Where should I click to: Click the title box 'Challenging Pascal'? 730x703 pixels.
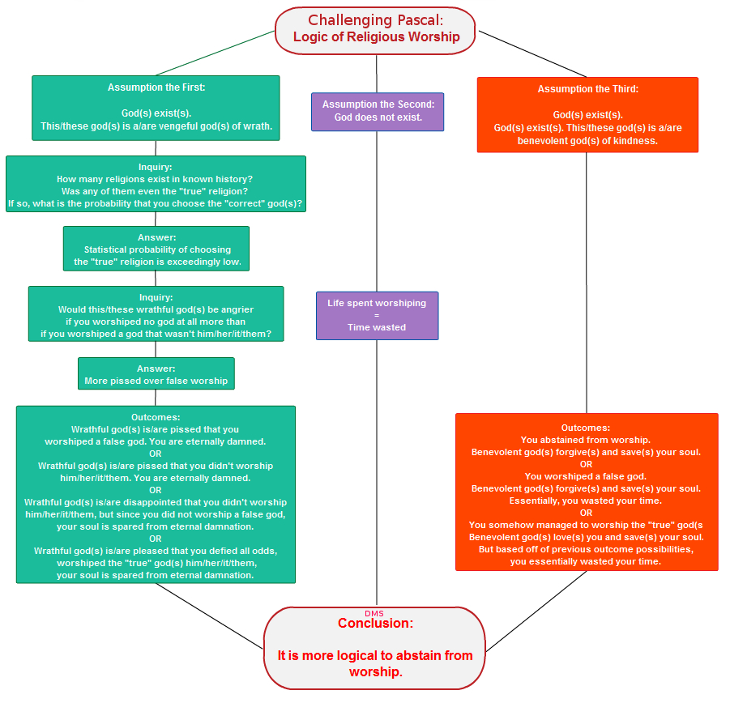tap(375, 31)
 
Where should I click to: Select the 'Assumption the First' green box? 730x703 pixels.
tap(156, 108)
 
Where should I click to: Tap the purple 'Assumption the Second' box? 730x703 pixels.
tap(378, 112)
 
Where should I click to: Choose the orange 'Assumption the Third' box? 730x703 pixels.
tap(587, 115)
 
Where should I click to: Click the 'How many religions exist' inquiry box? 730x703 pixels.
tap(156, 184)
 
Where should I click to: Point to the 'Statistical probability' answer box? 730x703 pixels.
tap(156, 249)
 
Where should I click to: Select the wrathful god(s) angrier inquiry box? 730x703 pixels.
tap(156, 314)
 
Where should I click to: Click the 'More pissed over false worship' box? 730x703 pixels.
tap(156, 373)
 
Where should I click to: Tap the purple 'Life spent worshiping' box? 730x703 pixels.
tap(377, 316)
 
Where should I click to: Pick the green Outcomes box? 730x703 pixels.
tap(156, 495)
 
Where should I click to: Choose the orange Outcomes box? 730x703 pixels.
tap(587, 492)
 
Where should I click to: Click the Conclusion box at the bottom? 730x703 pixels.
tap(375, 648)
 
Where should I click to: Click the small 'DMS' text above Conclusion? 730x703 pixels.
tap(374, 614)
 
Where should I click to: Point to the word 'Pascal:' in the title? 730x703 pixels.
tap(420, 20)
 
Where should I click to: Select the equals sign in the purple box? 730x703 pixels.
tap(377, 315)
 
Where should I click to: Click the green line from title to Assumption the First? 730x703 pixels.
tap(215, 53)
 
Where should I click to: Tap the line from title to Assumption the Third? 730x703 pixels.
tap(532, 54)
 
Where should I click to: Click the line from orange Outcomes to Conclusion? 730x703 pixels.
tap(536, 611)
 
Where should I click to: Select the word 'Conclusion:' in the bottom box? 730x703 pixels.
tap(376, 623)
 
